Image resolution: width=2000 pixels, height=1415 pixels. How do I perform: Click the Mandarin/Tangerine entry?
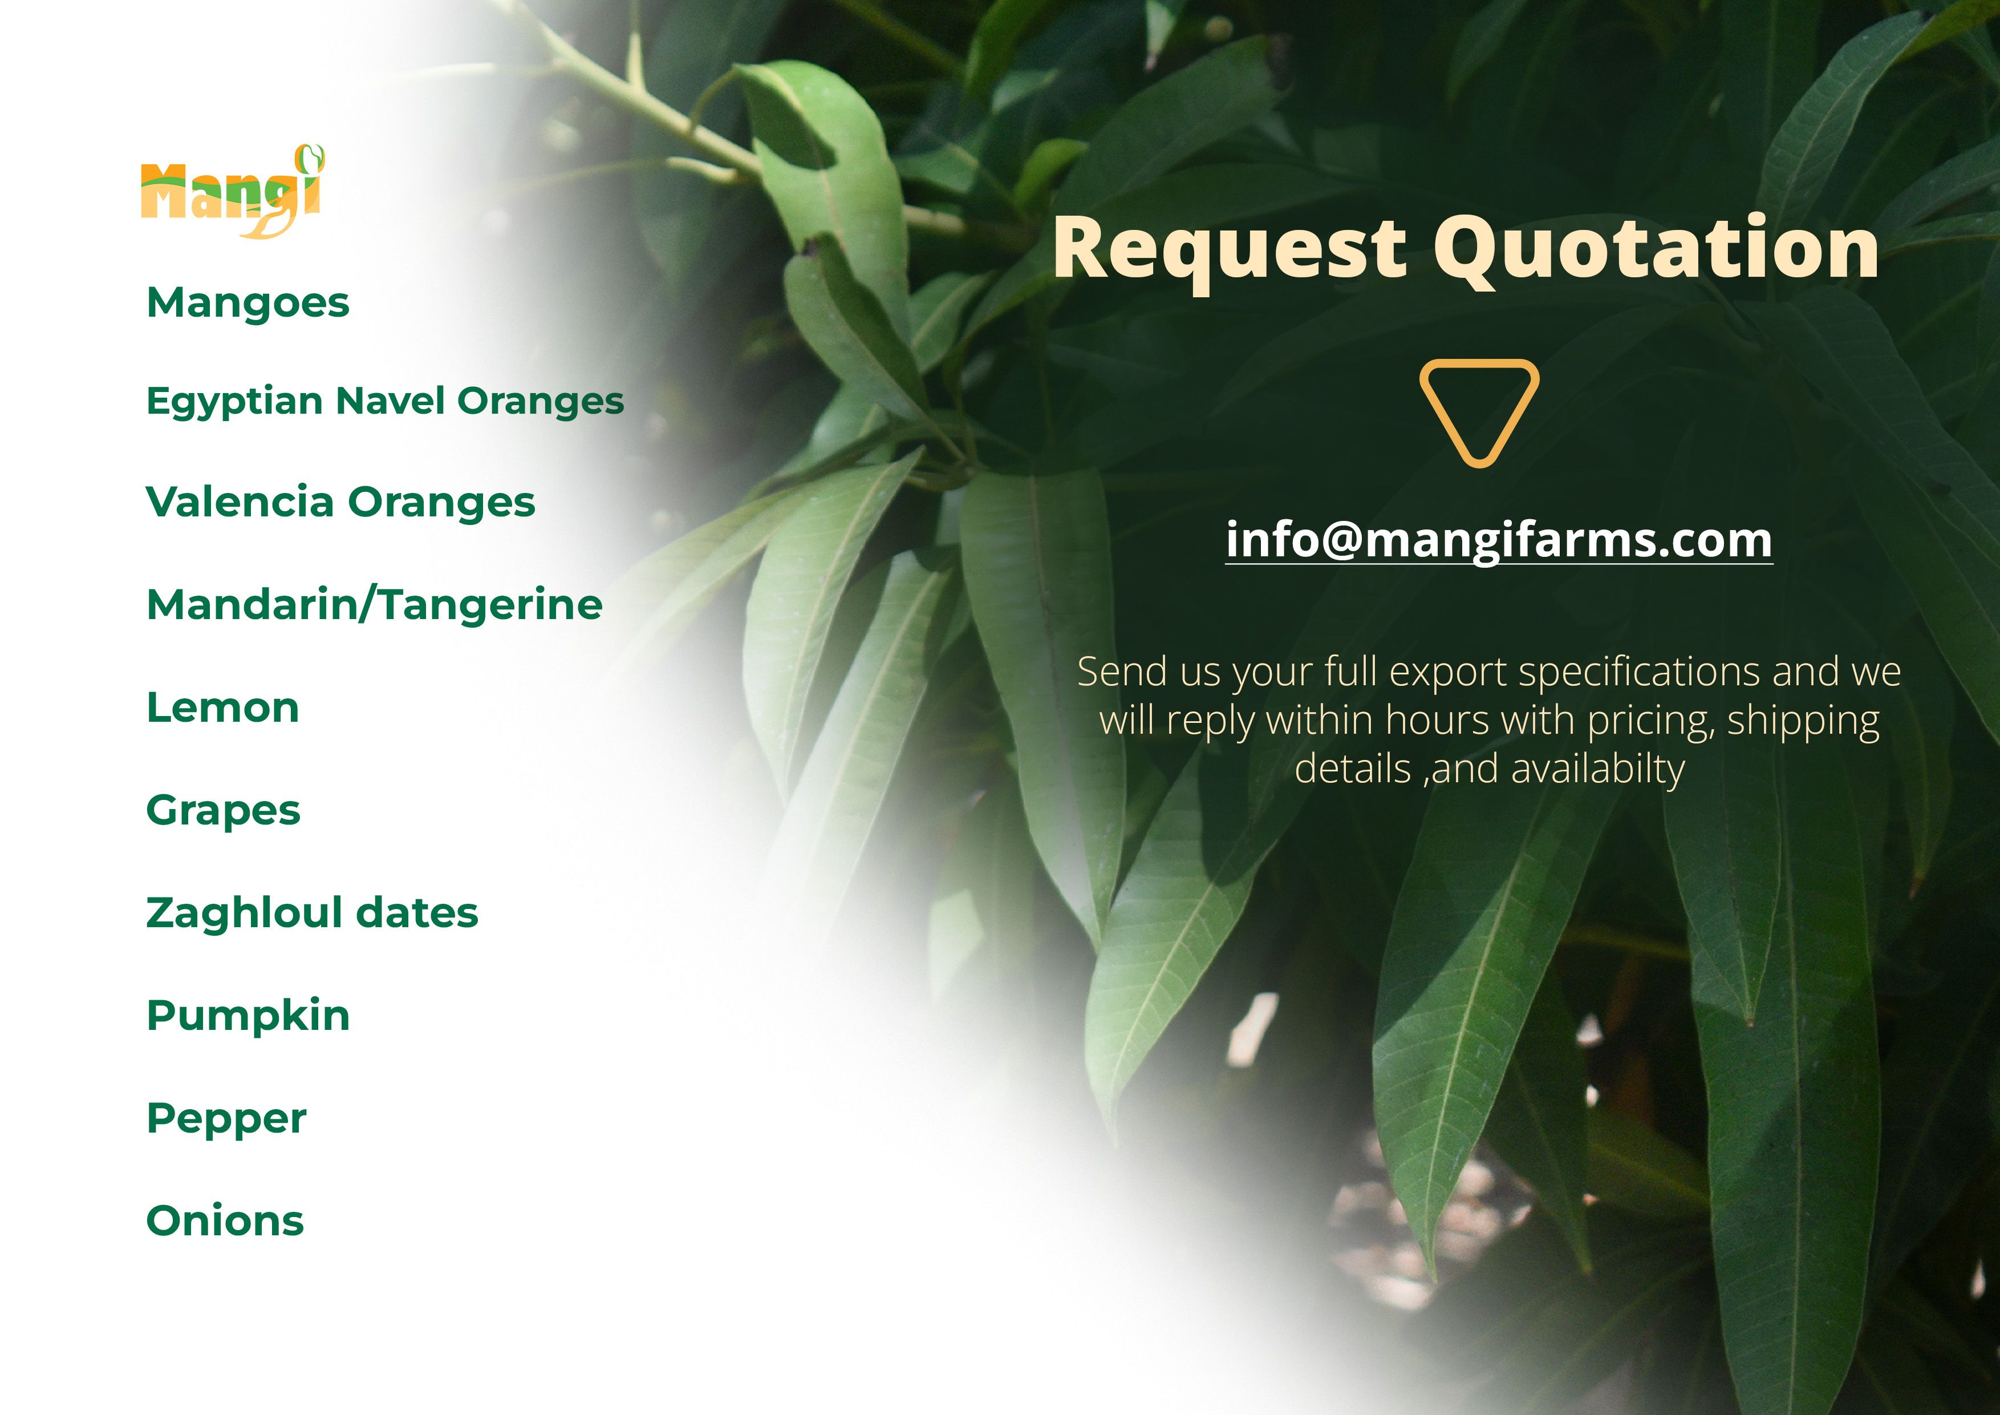point(375,605)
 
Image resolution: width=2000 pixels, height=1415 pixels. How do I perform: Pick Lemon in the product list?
point(223,707)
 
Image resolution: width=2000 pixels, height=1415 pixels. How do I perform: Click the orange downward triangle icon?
point(1479,413)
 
